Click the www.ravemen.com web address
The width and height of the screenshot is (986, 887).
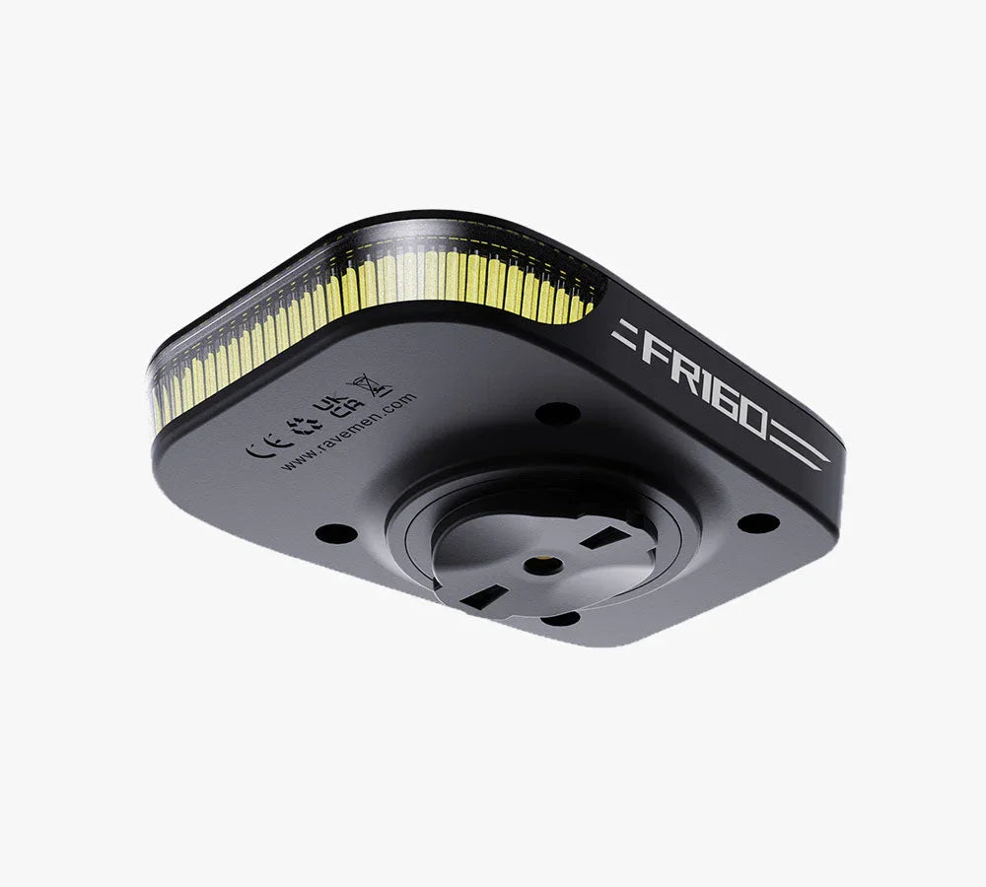[347, 432]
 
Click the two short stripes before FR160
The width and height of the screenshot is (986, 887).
[623, 332]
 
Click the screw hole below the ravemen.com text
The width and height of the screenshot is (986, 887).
[336, 533]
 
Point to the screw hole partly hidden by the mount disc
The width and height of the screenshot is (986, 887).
[560, 619]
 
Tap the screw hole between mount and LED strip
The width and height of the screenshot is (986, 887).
[557, 414]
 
